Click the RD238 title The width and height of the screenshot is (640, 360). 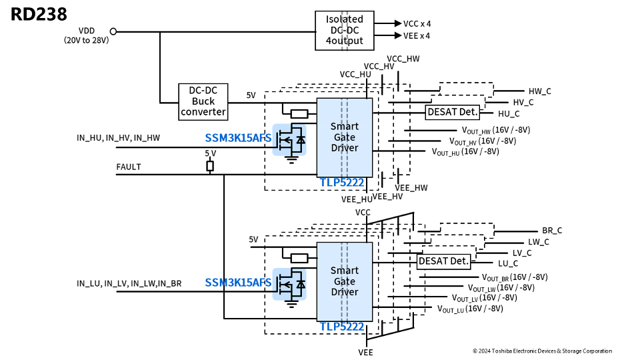[38, 14]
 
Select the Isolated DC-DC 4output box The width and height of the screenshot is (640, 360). [344, 31]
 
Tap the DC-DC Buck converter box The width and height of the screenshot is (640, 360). [203, 101]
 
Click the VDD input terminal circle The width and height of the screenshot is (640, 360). [113, 31]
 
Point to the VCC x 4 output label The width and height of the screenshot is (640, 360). [417, 23]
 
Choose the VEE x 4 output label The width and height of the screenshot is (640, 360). [417, 36]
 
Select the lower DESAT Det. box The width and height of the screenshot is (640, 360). [444, 261]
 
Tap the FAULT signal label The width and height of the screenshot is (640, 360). [129, 167]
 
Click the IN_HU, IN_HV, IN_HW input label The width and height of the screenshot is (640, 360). [118, 138]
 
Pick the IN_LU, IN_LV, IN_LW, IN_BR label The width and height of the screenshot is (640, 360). [129, 283]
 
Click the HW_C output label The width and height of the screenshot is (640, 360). [539, 91]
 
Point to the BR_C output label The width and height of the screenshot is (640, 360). [552, 231]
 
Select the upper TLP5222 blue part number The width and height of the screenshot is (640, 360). [341, 182]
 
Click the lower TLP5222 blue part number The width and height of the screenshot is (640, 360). [341, 327]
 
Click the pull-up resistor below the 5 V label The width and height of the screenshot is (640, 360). [210, 166]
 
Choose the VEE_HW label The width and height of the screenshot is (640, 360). [413, 188]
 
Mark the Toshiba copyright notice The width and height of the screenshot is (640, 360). [541, 351]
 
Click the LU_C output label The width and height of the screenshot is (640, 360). [508, 264]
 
